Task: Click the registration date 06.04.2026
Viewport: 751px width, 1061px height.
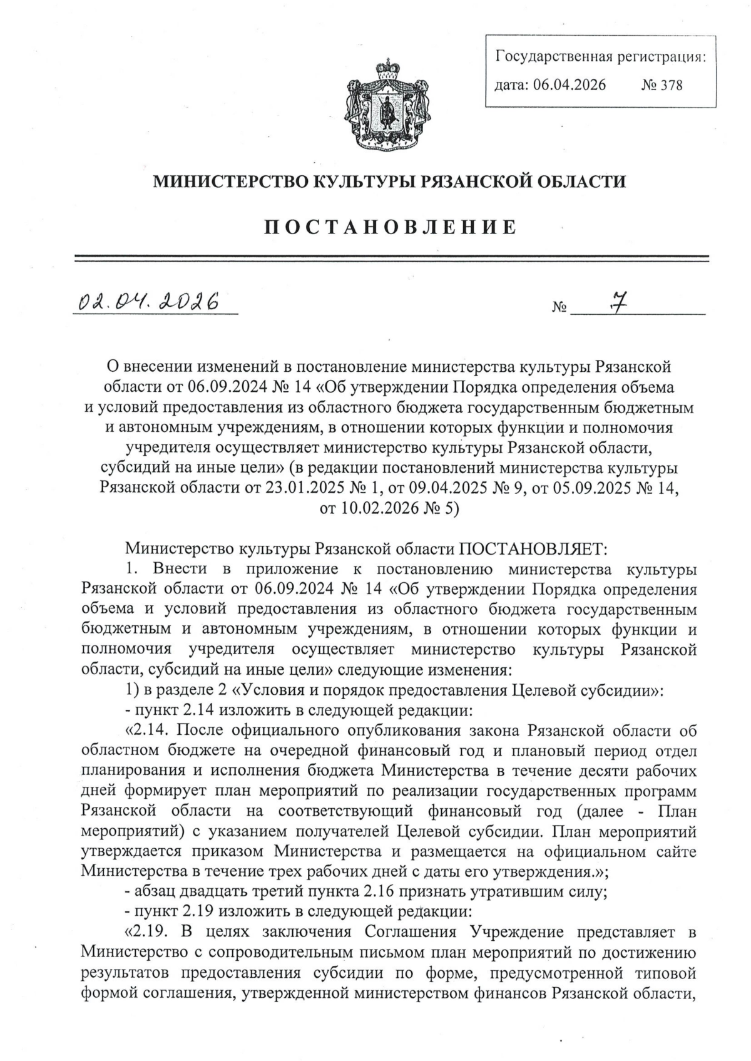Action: (569, 85)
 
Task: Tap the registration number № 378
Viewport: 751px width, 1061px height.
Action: (662, 85)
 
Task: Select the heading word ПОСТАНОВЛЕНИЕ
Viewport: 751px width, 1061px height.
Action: (390, 227)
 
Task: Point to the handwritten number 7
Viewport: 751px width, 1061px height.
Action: (619, 303)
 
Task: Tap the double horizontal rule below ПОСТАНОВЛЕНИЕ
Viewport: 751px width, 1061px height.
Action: (390, 257)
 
